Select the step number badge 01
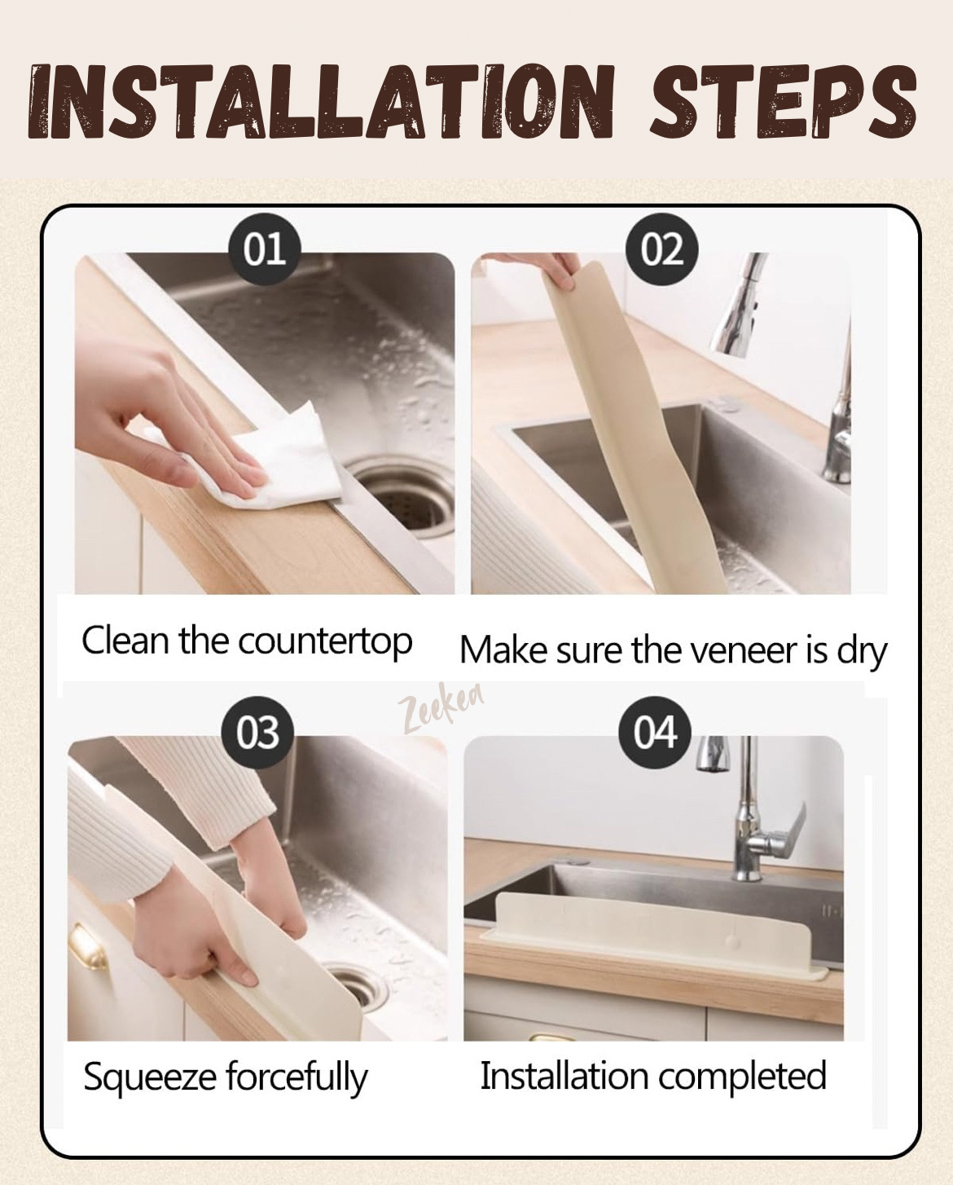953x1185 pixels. pyautogui.click(x=264, y=249)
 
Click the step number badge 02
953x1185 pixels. pyautogui.click(x=661, y=249)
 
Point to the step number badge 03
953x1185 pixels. pyautogui.click(x=257, y=733)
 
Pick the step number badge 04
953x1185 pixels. pyautogui.click(x=655, y=733)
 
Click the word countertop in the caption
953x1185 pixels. pyautogui.click(x=325, y=642)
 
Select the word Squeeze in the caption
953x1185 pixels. pyautogui.click(x=148, y=1077)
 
